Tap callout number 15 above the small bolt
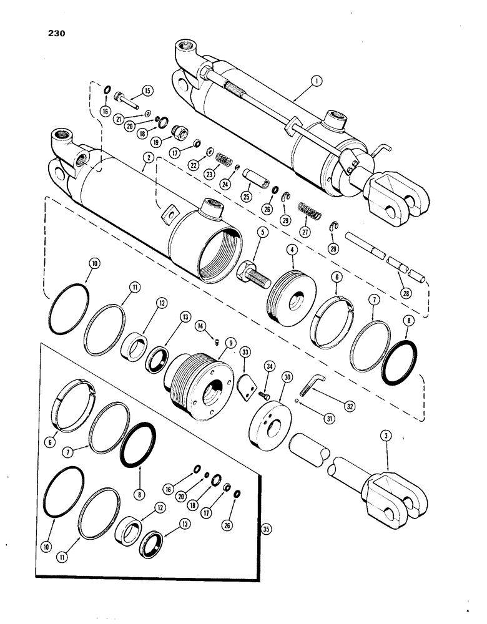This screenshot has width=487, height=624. click(x=147, y=90)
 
